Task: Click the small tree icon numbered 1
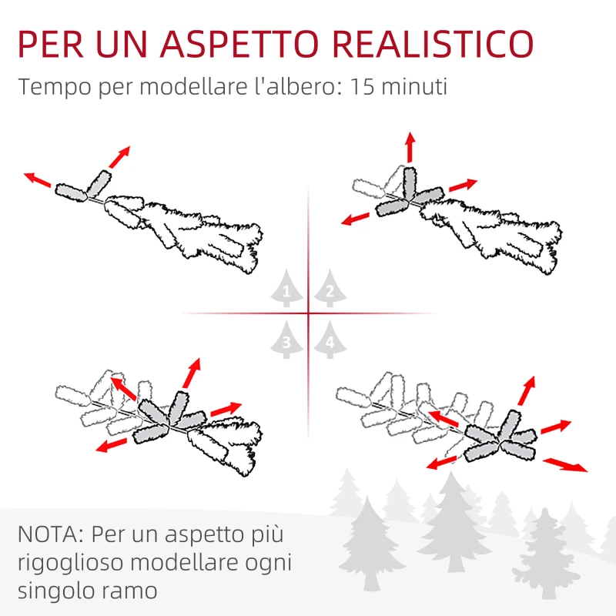coord(286,291)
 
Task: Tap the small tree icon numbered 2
coord(330,291)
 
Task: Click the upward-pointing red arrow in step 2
coord(410,146)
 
